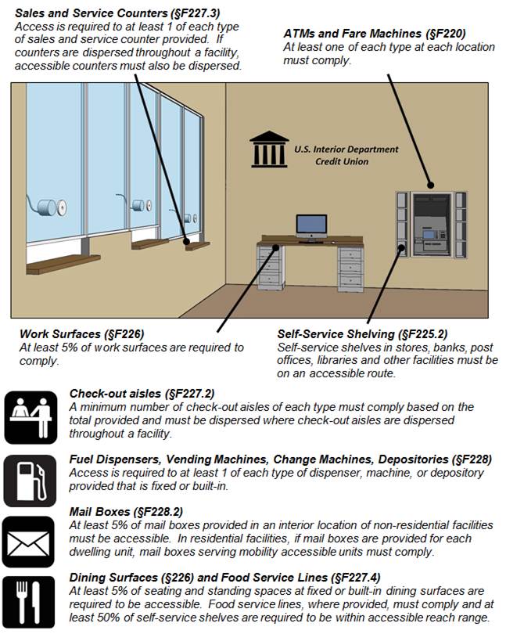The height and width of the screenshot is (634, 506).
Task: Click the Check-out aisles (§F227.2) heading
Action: click(142, 394)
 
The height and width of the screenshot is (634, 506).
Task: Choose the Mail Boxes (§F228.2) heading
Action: click(117, 512)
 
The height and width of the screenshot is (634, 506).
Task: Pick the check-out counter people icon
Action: click(29, 416)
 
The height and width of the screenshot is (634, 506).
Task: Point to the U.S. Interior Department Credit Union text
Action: click(346, 155)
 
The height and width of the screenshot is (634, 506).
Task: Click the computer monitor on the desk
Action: click(311, 227)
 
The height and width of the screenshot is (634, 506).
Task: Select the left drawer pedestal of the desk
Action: click(269, 267)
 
